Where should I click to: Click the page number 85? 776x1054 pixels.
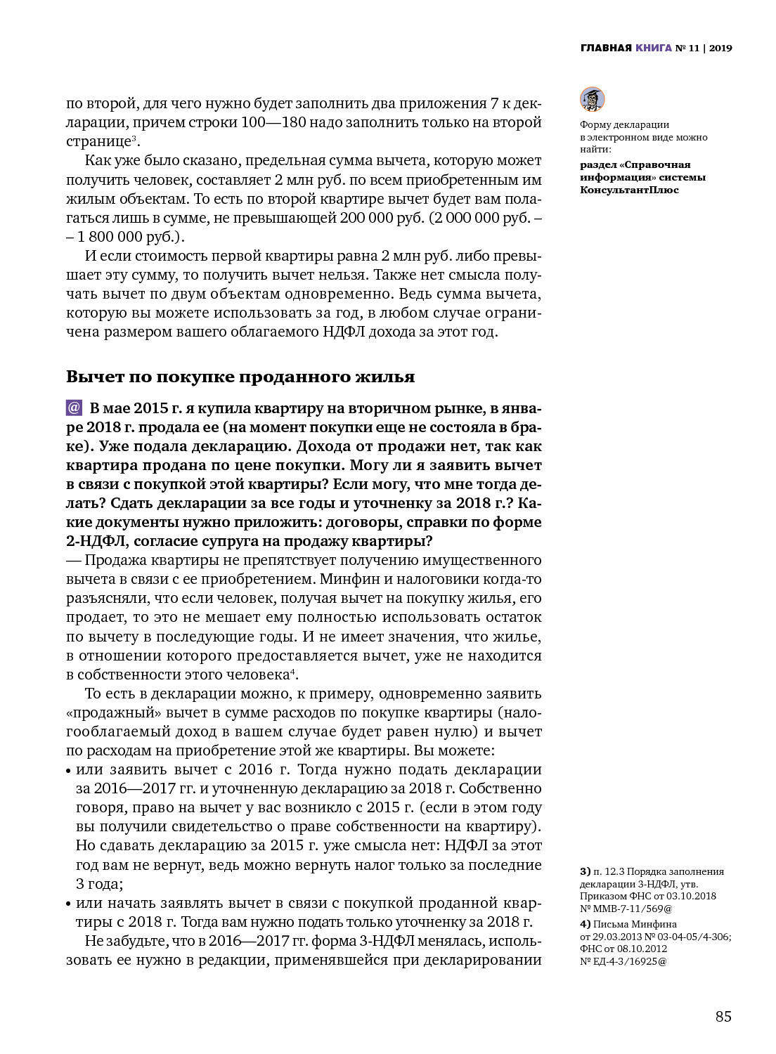click(x=723, y=1017)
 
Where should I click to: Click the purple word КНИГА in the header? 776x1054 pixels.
click(x=654, y=48)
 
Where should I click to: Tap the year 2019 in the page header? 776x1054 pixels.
click(x=720, y=48)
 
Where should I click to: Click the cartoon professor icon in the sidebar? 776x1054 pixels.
click(x=592, y=99)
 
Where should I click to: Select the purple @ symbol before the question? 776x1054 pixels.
click(x=74, y=408)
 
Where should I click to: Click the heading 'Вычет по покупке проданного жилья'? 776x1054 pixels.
click(x=240, y=377)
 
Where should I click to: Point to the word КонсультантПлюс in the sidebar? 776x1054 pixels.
click(x=629, y=190)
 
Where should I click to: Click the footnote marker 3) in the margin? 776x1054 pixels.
click(x=585, y=872)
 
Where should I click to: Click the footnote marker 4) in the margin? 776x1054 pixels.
click(x=585, y=924)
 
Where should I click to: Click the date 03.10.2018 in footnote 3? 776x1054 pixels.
click(x=692, y=896)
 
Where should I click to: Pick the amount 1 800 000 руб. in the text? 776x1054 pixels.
click(x=119, y=237)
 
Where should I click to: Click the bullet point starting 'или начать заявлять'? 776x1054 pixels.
click(x=70, y=904)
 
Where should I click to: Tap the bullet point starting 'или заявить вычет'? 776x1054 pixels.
click(x=70, y=771)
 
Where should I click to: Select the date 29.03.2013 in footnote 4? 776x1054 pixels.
click(x=614, y=937)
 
